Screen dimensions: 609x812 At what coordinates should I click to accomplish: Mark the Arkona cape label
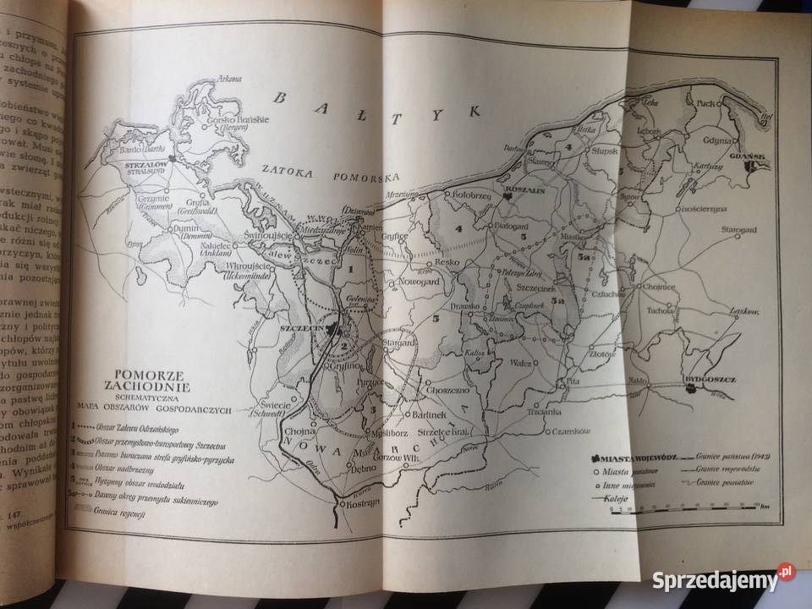(230, 79)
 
